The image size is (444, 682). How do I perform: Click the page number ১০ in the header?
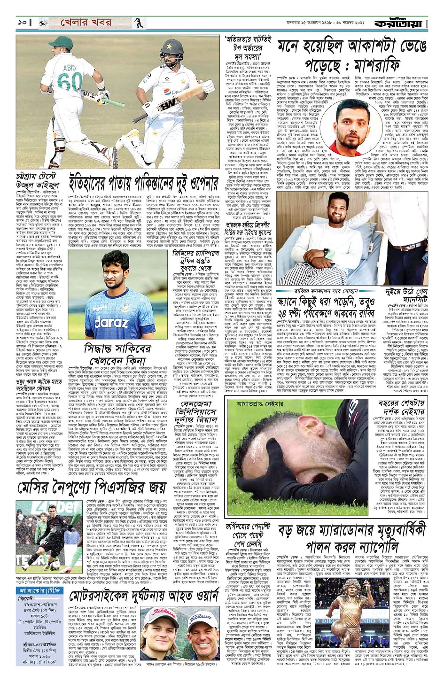pyautogui.click(x=22, y=23)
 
